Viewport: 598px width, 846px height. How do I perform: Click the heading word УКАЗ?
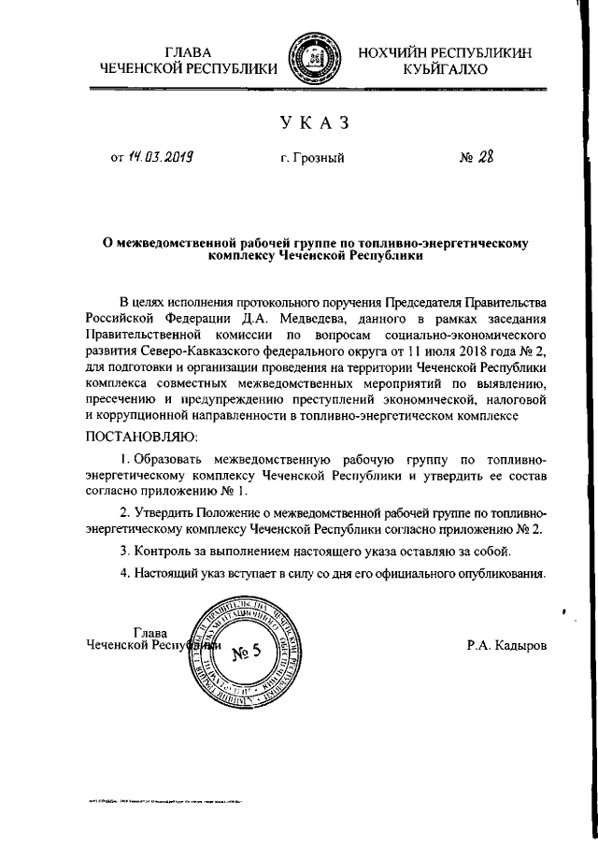(x=318, y=122)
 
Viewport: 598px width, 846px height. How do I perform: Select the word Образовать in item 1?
(x=167, y=459)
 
